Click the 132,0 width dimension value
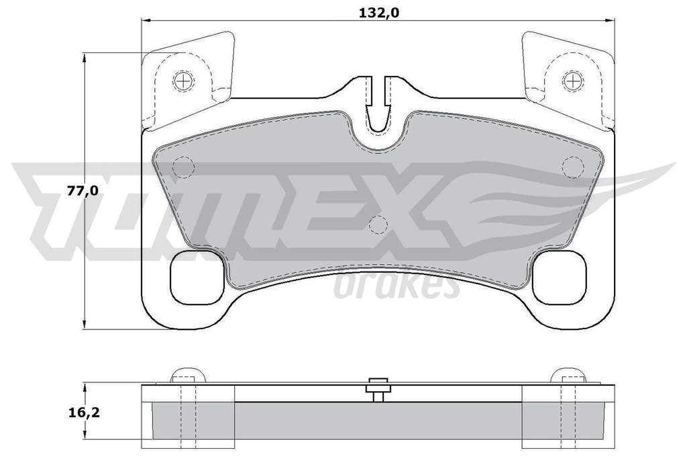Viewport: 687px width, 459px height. [x=379, y=13]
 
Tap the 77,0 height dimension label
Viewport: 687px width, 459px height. [x=83, y=190]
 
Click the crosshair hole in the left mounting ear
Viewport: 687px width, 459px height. [x=184, y=81]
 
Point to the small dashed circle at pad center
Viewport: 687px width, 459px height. [x=378, y=225]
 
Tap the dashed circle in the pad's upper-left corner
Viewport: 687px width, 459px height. [x=183, y=167]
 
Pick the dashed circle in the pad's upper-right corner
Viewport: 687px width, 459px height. [x=573, y=167]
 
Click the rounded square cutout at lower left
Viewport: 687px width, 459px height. [x=197, y=277]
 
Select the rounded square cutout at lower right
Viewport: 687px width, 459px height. [x=560, y=277]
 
